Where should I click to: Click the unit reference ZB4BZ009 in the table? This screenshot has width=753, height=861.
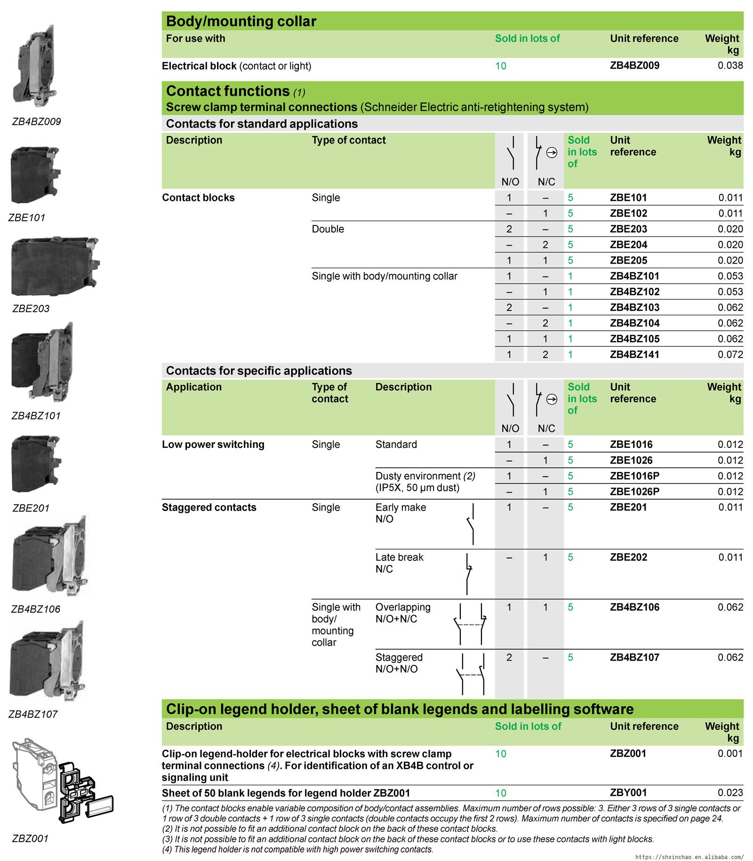coord(634,65)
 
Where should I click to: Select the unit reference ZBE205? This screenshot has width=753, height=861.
coord(628,260)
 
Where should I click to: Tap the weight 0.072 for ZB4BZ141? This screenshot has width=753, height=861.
coord(730,354)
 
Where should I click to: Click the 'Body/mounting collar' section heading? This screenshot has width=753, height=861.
coord(241,21)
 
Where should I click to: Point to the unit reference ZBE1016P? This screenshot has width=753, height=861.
coord(634,476)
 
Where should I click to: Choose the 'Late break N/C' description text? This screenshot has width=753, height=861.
coord(399,563)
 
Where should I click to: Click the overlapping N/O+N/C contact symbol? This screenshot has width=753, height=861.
coord(470,624)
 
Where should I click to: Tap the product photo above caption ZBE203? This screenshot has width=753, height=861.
coord(55,266)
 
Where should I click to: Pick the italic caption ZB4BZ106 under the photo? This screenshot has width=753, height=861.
coord(36,609)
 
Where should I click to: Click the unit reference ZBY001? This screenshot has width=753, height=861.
coord(628,793)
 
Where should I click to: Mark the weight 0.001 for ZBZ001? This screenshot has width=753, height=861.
coord(730,753)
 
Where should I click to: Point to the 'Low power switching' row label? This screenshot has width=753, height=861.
coord(213,445)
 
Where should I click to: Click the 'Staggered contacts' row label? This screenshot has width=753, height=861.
coord(209,507)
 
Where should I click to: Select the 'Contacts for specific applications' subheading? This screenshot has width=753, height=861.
coord(259,371)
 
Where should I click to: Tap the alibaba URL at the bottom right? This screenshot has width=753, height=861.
coord(689,857)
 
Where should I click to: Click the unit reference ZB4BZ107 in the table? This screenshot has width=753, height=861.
coord(634,657)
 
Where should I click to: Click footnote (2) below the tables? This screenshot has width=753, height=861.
coord(329,829)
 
